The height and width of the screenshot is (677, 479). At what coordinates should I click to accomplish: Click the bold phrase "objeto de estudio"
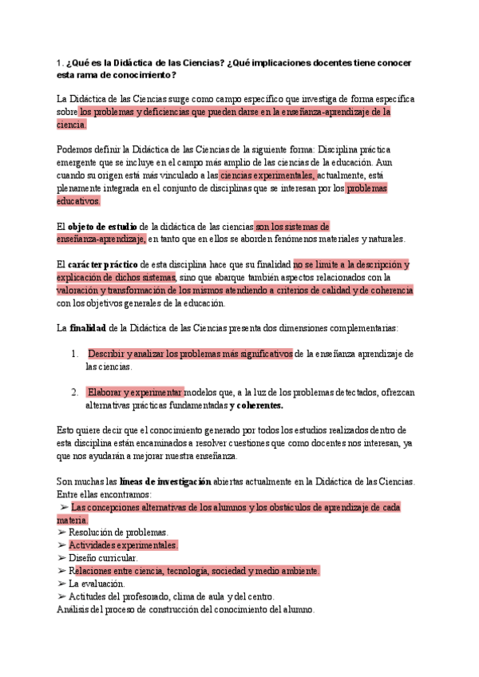point(103,227)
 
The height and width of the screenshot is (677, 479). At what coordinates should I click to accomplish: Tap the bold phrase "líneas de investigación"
point(165,481)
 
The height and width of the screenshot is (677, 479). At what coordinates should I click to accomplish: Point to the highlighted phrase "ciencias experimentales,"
point(267,176)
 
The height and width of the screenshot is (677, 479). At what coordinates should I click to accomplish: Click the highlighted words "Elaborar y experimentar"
point(135,392)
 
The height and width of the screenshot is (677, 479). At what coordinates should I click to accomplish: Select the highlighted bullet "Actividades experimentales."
point(123,545)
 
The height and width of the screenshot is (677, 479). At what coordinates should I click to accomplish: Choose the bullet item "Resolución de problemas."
point(118,532)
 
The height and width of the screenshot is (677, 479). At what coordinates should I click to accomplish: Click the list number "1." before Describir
point(74,354)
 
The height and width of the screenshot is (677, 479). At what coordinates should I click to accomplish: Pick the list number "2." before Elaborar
point(74,392)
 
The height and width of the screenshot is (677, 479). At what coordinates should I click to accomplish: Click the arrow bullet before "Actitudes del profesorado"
point(61,596)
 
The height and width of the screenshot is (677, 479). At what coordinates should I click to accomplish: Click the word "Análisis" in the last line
point(73,609)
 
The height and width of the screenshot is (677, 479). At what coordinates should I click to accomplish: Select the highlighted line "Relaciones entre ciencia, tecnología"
point(194,571)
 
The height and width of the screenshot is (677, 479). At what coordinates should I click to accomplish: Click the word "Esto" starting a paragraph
point(65,430)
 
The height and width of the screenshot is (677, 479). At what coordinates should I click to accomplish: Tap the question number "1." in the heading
point(60,62)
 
